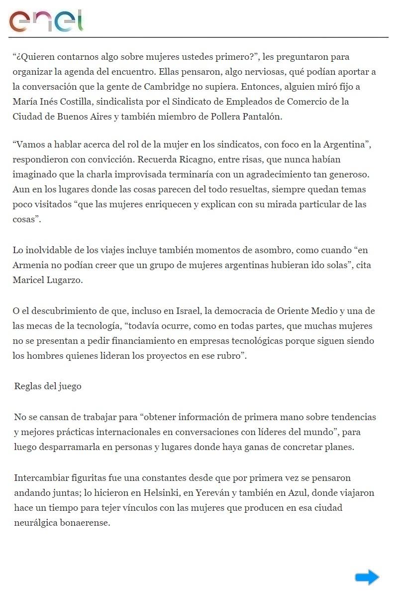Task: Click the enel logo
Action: (46, 20)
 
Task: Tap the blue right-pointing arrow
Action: (367, 578)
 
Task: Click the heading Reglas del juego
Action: (48, 386)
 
